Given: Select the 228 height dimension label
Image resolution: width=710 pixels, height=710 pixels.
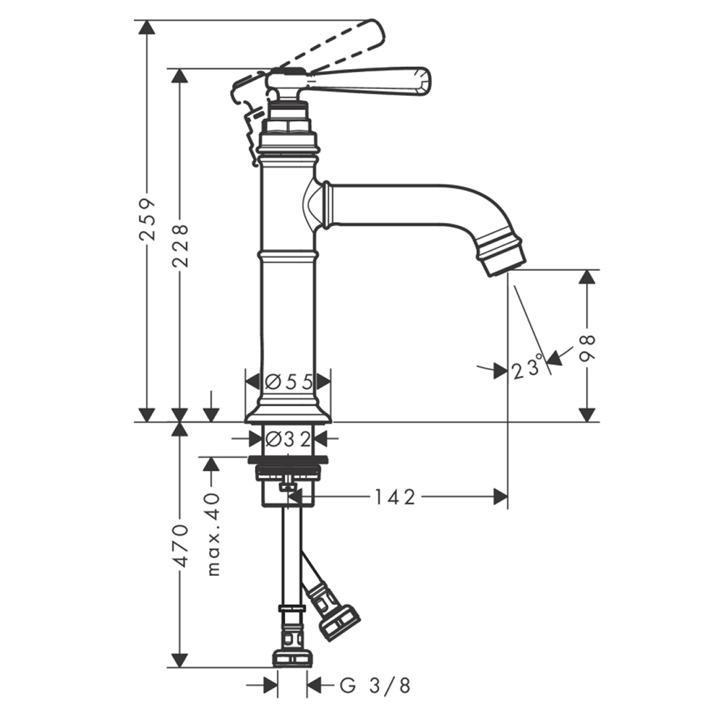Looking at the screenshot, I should pos(181,245).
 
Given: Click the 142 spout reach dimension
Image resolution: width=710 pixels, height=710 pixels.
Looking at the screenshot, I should pos(395,498).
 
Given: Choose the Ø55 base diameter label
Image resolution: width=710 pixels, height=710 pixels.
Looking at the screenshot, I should pos(288,382).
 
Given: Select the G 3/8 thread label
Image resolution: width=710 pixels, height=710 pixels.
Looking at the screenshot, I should pos(375,686).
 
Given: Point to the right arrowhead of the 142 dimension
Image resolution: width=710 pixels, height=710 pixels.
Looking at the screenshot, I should pos(501,498).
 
